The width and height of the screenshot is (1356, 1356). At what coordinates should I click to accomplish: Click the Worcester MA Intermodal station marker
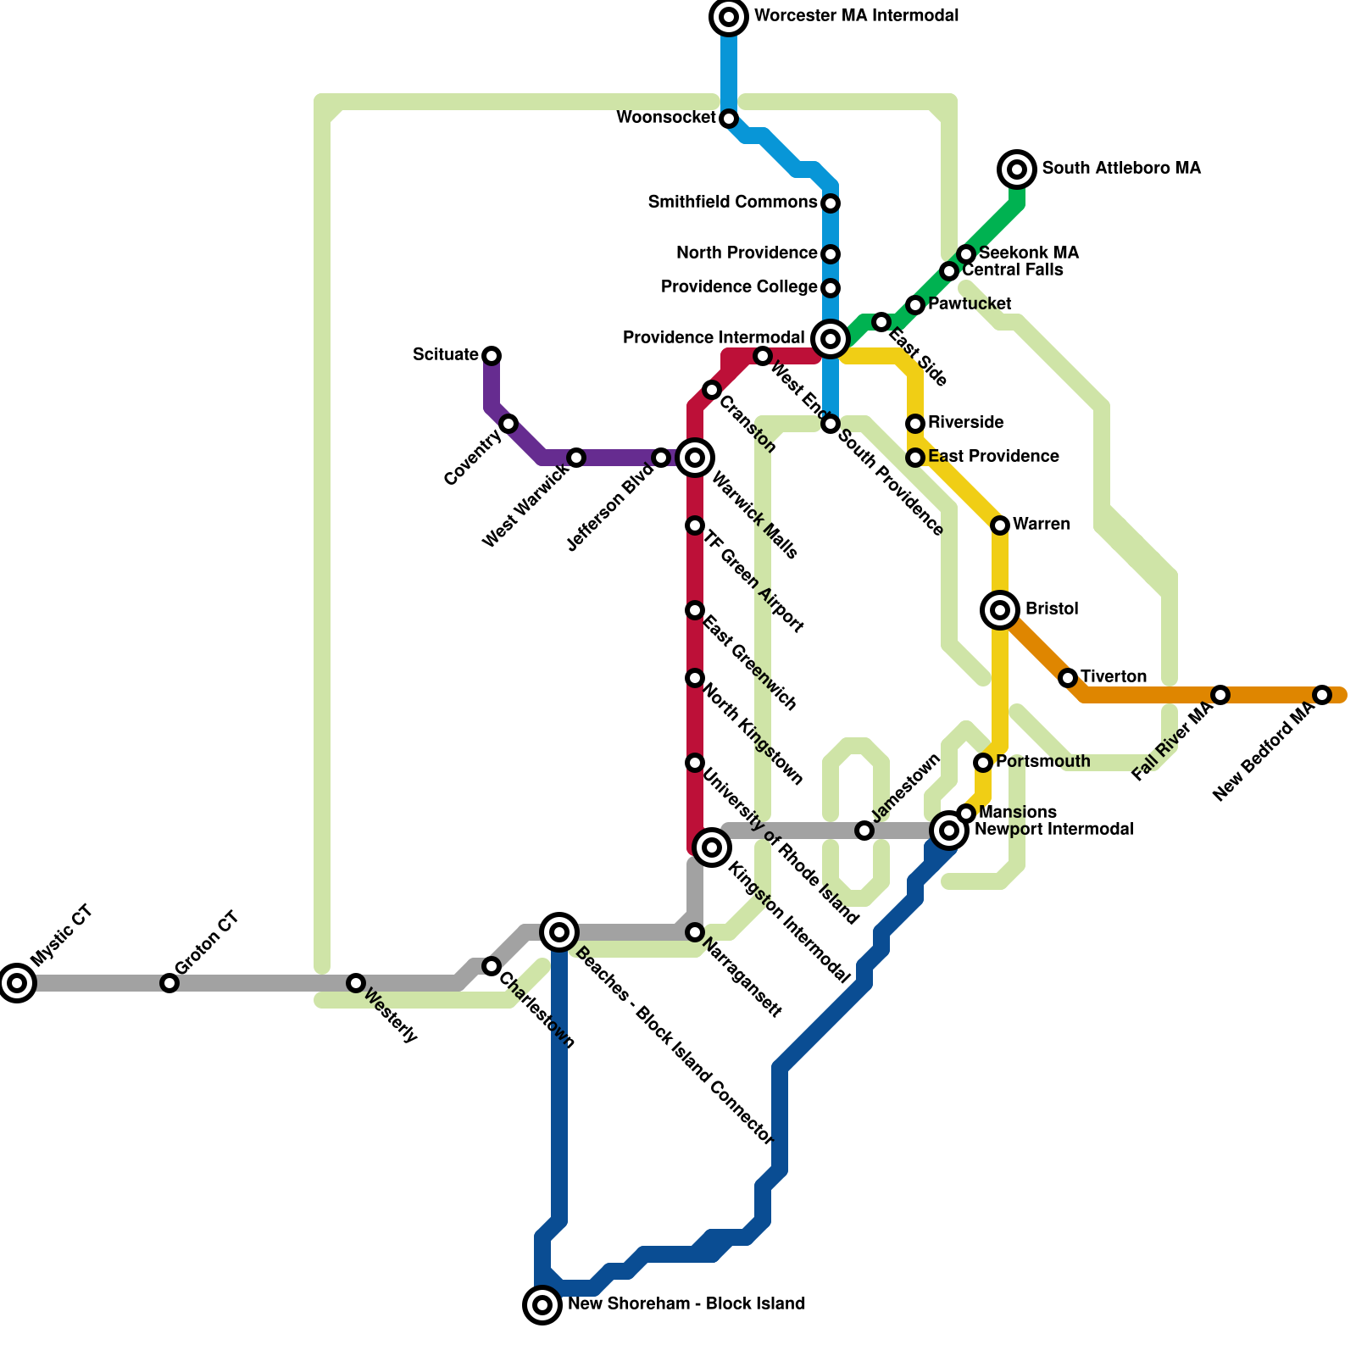click(x=729, y=17)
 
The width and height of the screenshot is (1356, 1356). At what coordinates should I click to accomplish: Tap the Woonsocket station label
click(x=666, y=118)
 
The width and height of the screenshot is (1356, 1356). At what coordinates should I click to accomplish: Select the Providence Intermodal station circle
click(x=831, y=339)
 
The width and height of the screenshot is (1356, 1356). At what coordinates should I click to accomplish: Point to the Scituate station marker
click(x=492, y=355)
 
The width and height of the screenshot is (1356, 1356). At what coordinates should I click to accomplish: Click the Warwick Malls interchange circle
click(x=695, y=458)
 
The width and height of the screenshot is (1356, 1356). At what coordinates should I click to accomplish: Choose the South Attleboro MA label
click(x=1120, y=169)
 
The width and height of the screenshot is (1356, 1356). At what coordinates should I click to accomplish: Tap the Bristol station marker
click(x=1000, y=609)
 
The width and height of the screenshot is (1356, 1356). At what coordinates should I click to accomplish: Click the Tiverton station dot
click(x=1068, y=678)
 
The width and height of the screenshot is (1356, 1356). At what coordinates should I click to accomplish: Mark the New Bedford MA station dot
click(x=1322, y=695)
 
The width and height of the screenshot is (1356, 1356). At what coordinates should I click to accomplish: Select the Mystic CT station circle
click(x=17, y=983)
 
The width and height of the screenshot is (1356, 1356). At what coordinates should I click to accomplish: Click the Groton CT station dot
click(x=169, y=983)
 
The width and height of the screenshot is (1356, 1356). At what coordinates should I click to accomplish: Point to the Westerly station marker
click(x=356, y=983)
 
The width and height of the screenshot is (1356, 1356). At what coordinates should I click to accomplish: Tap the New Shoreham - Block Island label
click(x=686, y=1304)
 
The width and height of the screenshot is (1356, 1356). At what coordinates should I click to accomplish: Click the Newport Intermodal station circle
click(x=949, y=831)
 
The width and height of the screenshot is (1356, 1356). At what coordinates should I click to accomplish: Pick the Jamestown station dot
click(x=864, y=831)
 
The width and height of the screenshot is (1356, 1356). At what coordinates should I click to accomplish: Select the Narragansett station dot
click(x=695, y=932)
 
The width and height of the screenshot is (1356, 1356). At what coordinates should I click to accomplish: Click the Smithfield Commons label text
click(x=732, y=203)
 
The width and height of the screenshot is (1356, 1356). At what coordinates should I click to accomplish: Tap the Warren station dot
click(x=1000, y=525)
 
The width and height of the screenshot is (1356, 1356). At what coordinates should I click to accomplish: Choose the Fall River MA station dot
click(x=1220, y=695)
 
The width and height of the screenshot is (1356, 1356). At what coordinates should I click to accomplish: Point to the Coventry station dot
click(x=508, y=424)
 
